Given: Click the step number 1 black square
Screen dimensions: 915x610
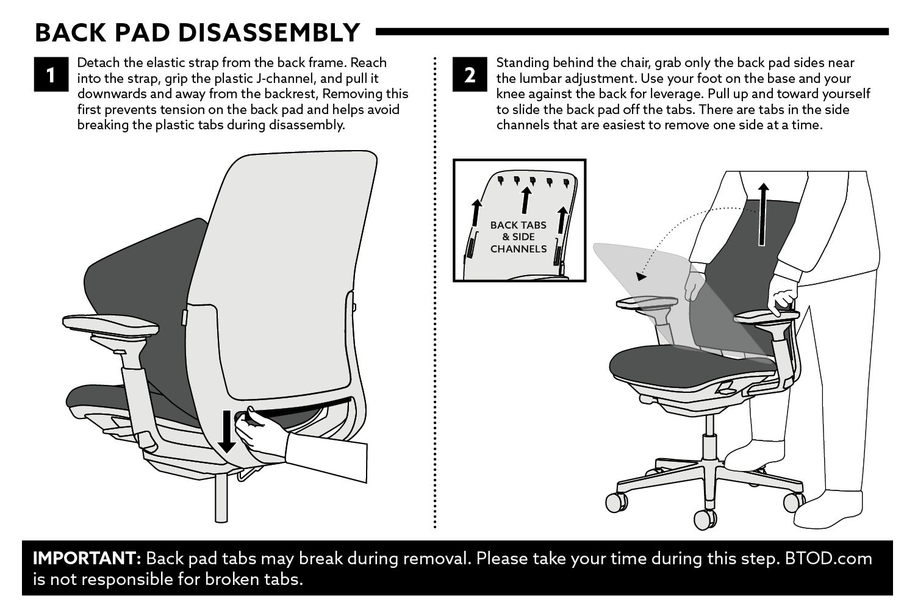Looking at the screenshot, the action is tap(51, 74).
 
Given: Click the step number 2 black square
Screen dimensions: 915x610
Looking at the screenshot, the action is tap(470, 74).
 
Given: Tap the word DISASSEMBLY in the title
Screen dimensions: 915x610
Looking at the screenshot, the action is tap(269, 33).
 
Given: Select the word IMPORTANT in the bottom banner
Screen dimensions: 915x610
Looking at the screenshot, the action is tap(87, 558).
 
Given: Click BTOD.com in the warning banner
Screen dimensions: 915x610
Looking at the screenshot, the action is tap(828, 558).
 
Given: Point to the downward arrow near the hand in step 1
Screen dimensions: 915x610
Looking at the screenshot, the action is tap(227, 432).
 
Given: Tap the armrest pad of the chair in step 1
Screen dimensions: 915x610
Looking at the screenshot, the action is tap(110, 325).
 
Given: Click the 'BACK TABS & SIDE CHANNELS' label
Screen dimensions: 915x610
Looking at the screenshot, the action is tap(518, 237).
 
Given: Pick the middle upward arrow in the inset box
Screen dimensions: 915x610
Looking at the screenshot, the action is tap(526, 200).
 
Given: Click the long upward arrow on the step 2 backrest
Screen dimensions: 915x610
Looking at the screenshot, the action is tap(762, 215).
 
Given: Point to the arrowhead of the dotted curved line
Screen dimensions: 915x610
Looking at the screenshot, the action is tap(641, 276).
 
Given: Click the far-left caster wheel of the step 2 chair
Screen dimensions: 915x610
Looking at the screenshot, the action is tap(616, 502).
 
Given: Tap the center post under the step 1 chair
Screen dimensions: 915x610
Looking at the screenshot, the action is tap(221, 498).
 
